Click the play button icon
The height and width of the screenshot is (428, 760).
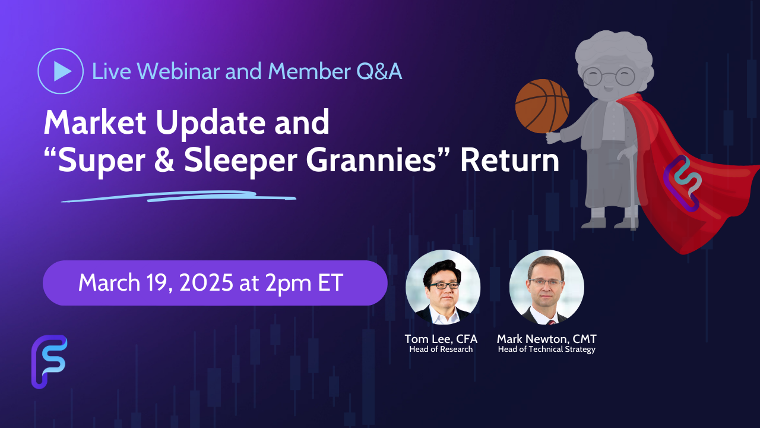point(61,71)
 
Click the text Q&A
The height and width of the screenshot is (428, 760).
point(379,72)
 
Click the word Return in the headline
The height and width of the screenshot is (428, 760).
point(509,160)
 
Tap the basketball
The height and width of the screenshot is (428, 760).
point(542,106)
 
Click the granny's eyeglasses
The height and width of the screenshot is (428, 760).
point(609,77)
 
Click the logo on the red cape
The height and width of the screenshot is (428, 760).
point(683,184)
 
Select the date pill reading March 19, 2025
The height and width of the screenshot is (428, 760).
point(215,282)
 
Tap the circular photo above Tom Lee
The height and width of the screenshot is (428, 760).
point(443,287)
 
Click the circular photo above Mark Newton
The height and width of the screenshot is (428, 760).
point(547,287)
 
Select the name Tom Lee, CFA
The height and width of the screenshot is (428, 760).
point(441,339)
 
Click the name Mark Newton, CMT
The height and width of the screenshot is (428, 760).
point(547,339)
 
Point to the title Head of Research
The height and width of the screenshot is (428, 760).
point(441,349)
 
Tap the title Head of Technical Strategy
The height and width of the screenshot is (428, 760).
point(547,350)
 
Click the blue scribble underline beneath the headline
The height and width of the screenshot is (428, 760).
point(179,197)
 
